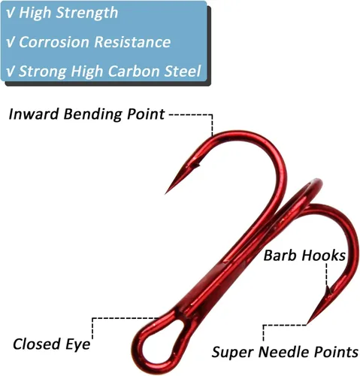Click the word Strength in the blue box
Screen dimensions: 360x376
click(x=87, y=13)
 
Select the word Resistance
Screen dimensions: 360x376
click(x=133, y=42)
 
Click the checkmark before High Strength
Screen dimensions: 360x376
click(x=11, y=14)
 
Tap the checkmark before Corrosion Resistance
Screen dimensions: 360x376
click(x=11, y=42)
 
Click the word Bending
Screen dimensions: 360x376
click(x=93, y=114)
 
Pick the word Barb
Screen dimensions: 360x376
click(x=281, y=256)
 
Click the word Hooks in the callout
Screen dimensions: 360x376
click(x=324, y=256)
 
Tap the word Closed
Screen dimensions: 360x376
click(x=37, y=344)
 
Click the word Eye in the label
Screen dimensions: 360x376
click(x=78, y=344)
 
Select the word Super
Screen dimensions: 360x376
click(x=233, y=353)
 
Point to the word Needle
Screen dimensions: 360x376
click(x=284, y=352)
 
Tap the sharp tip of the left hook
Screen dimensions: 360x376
click(x=165, y=193)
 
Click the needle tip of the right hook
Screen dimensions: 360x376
click(x=308, y=323)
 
